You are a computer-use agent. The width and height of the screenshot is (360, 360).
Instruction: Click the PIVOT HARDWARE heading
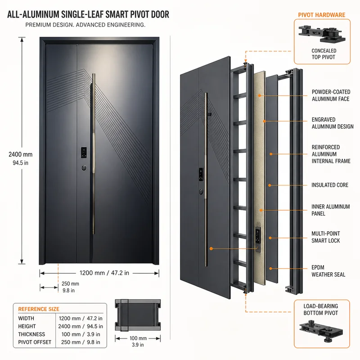321,15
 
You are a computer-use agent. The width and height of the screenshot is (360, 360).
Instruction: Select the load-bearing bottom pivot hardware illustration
321,331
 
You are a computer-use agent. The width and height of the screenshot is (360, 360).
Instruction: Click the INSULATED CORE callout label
330,185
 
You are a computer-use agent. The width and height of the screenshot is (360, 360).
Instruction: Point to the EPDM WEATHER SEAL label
328,271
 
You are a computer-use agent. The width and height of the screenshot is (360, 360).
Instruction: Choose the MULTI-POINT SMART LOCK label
325,237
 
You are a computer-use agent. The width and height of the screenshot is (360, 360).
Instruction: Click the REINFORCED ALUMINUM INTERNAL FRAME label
331,154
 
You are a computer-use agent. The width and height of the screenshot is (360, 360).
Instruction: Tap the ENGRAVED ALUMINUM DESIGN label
333,123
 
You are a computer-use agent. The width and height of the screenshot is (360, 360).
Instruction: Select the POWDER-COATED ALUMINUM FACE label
331,95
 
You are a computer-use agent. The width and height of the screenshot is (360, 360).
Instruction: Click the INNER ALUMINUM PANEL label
330,210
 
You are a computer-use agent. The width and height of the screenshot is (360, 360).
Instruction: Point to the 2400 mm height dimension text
20,154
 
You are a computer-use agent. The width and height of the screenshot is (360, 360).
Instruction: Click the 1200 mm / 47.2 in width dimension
104,273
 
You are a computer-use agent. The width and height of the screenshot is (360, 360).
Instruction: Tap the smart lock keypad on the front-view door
84,153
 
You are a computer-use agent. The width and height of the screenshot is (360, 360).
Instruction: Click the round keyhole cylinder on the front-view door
84,168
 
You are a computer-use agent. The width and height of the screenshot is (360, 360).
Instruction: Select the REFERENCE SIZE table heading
39,309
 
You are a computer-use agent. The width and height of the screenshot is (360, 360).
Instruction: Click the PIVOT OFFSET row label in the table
35,342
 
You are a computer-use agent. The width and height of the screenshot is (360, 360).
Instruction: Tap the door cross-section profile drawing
138,315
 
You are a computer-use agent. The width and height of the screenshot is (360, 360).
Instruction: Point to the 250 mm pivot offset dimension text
70,284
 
